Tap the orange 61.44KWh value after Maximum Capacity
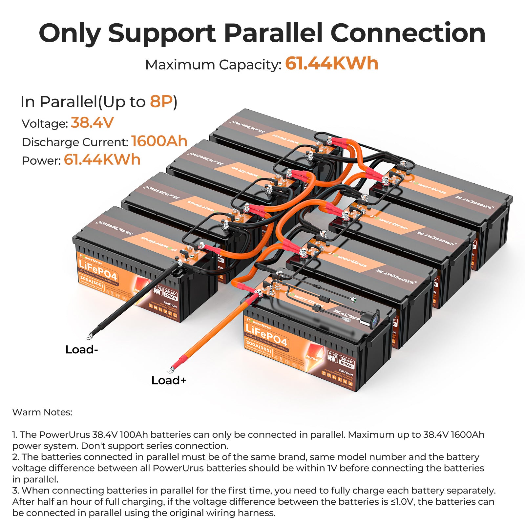[x=331, y=64]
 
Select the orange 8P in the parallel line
[x=161, y=102]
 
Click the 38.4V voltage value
[x=92, y=123]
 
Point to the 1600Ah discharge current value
[x=159, y=141]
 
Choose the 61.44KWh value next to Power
[x=102, y=160]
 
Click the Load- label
[x=82, y=350]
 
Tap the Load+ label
[x=169, y=381]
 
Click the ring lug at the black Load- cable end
[x=89, y=336]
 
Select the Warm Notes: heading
[x=42, y=412]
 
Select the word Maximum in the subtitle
[x=180, y=65]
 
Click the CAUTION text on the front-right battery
[x=346, y=374]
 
